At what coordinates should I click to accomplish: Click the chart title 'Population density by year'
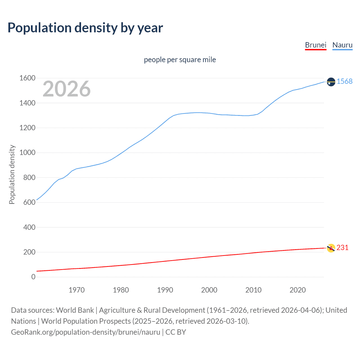pyautogui.click(x=85, y=28)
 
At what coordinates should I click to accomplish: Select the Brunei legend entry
pyautogui.click(x=316, y=45)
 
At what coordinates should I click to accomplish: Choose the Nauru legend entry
pyautogui.click(x=342, y=45)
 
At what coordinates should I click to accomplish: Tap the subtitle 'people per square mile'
pyautogui.click(x=180, y=60)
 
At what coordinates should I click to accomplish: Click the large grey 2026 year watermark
pyautogui.click(x=67, y=89)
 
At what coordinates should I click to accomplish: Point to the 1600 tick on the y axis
pyautogui.click(x=27, y=78)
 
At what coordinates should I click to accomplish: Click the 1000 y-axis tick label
pyautogui.click(x=27, y=153)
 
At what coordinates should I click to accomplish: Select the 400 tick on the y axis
pyautogui.click(x=29, y=227)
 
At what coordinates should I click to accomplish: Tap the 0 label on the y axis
pyautogui.click(x=33, y=277)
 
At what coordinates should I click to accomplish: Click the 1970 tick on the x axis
pyautogui.click(x=76, y=290)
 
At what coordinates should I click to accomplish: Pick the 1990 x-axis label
pyautogui.click(x=165, y=290)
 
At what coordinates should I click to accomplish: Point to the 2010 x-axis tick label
pyautogui.click(x=253, y=290)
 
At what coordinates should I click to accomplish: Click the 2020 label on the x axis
pyautogui.click(x=298, y=290)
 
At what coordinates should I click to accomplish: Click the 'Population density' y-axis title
pyautogui.click(x=12, y=174)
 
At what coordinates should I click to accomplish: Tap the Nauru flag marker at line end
pyautogui.click(x=331, y=82)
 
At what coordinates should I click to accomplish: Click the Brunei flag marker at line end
pyautogui.click(x=331, y=248)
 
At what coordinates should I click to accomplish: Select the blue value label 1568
pyautogui.click(x=345, y=81)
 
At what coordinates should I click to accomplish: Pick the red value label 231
pyautogui.click(x=342, y=247)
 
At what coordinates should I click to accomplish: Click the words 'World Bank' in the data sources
pyautogui.click(x=75, y=310)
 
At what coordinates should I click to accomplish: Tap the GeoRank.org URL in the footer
pyautogui.click(x=85, y=332)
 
